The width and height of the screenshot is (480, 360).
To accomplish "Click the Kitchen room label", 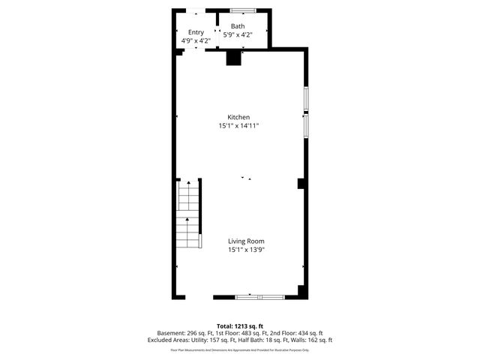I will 239,117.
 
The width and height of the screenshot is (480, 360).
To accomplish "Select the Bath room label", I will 238,26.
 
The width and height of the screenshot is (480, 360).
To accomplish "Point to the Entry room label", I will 196,32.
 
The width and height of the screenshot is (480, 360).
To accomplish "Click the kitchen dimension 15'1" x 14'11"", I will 239,126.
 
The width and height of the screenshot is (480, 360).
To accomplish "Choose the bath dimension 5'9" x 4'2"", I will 238,34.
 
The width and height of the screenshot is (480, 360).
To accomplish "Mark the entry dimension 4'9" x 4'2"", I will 196,40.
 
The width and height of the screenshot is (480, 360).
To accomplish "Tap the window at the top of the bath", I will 243,10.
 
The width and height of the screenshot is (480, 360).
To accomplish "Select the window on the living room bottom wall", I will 260,298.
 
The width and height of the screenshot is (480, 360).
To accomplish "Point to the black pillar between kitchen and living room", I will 301,183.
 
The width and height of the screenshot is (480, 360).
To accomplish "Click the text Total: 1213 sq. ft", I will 240,326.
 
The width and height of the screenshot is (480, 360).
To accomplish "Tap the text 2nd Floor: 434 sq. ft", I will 296,333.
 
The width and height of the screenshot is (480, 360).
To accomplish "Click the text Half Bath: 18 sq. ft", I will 262,340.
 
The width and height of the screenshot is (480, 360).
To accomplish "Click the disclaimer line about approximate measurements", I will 240,349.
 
